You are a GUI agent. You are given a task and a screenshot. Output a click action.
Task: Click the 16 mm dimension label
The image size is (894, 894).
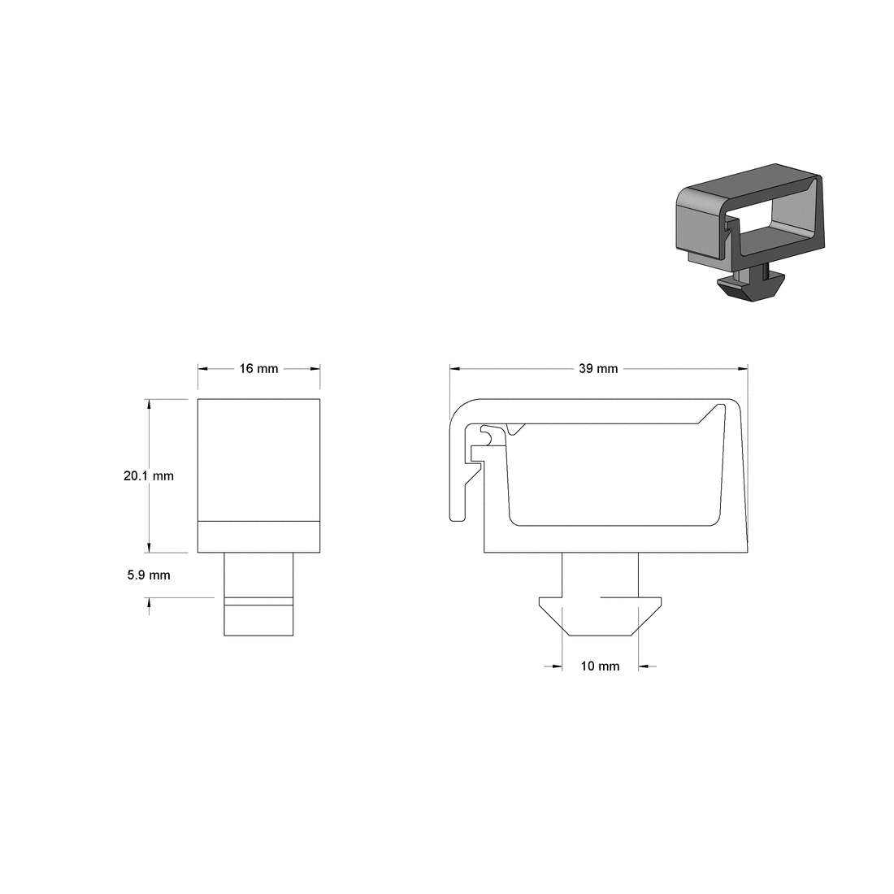click(x=258, y=369)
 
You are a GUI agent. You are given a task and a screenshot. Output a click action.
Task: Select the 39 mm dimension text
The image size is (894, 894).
click(x=598, y=369)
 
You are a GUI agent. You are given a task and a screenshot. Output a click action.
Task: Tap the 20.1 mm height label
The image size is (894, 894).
click(x=149, y=476)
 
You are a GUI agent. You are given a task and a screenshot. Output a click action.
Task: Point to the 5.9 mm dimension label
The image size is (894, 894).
click(x=149, y=575)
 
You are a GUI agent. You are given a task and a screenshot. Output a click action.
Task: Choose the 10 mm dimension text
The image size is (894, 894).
click(x=600, y=666)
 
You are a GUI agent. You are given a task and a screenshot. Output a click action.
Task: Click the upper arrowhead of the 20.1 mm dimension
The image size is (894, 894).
click(x=148, y=404)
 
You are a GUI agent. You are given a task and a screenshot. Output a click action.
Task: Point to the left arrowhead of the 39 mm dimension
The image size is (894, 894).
click(x=455, y=369)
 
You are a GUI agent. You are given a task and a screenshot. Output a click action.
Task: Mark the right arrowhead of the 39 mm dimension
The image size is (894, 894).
click(x=742, y=369)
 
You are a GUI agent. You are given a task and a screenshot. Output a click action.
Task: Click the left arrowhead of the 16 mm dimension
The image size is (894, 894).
click(x=203, y=369)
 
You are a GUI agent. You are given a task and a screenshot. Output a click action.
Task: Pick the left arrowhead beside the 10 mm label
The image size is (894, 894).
click(x=557, y=666)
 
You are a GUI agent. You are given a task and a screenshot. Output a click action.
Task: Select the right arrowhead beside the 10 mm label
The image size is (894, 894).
click(x=644, y=666)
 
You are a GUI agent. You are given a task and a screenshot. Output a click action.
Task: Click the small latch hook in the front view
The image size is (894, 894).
click(x=486, y=436)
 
